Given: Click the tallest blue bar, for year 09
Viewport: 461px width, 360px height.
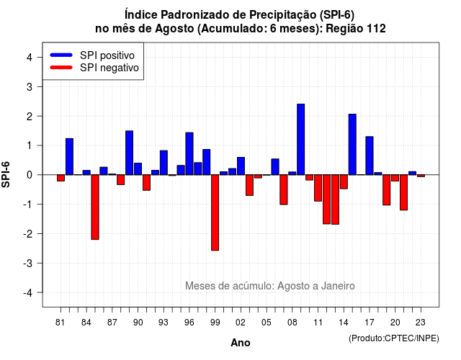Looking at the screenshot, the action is [301, 139].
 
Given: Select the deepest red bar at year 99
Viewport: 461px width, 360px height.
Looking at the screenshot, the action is [215, 212].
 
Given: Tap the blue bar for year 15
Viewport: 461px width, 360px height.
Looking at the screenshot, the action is [352, 144].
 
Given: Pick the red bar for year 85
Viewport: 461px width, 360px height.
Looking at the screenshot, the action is [95, 207].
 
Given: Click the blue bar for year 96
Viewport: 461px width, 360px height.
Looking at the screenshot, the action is [189, 153].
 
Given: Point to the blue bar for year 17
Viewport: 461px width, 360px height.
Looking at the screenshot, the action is [370, 156].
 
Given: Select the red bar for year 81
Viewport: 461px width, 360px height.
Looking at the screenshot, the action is [61, 178].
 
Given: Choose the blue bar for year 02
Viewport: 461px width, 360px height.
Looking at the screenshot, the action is [241, 166].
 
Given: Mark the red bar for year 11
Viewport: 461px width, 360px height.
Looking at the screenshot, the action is [318, 188].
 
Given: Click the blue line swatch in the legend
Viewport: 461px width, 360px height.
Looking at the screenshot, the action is [61, 55].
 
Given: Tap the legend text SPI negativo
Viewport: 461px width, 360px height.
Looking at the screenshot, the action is [109, 68].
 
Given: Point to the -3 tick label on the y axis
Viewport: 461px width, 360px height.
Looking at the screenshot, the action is [28, 263].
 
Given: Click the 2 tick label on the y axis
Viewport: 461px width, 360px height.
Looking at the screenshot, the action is [30, 116].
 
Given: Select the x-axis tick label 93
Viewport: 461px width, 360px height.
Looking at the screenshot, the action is [164, 323].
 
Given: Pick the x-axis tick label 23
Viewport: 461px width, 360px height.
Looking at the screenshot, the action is [421, 323].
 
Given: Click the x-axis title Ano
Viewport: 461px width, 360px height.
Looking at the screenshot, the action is [241, 343].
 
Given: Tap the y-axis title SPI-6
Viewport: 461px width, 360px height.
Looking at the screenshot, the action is [6, 174].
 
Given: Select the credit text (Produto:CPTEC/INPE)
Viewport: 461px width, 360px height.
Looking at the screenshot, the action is [394, 338].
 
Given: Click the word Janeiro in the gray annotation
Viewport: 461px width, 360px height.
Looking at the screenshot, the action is [338, 286].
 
